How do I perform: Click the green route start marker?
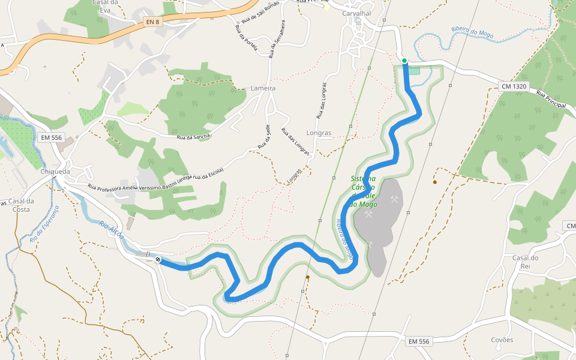(x=404, y=61)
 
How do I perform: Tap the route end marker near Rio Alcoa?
(x=158, y=259)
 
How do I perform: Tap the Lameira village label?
(x=263, y=88)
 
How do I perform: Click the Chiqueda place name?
(x=56, y=171)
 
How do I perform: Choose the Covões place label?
(x=502, y=340)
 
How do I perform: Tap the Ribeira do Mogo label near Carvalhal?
(x=472, y=32)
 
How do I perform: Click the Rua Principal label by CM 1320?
(x=551, y=100)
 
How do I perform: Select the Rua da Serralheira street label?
(x=275, y=40)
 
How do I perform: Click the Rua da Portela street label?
(x=246, y=39)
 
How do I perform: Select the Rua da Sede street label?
(x=263, y=137)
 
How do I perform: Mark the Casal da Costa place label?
(x=20, y=205)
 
